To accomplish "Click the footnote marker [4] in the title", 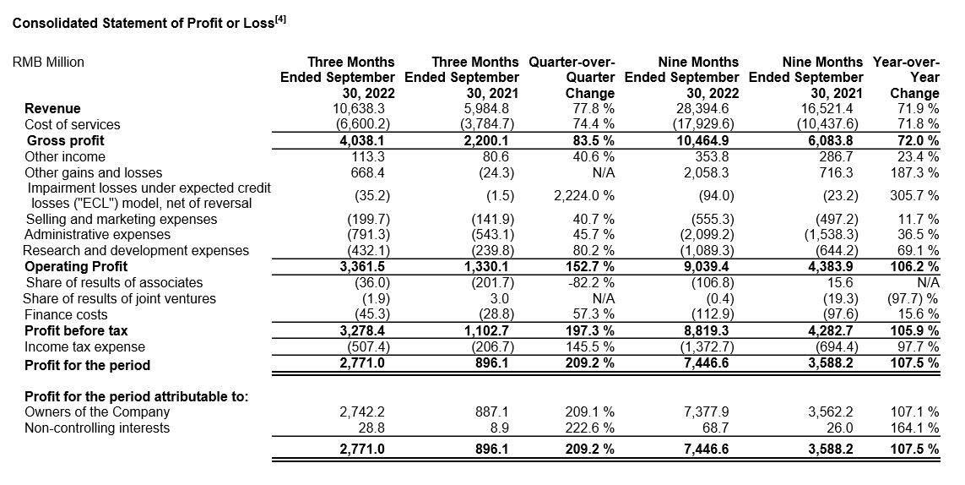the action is tap(280, 19).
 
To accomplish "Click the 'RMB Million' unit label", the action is tap(48, 63).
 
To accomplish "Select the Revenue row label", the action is tap(52, 108).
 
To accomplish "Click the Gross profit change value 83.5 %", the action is tap(589, 140).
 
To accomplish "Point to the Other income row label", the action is tap(65, 156).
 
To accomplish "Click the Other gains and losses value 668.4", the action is tap(371, 172).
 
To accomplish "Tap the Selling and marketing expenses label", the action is tap(122, 220).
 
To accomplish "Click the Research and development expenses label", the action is tap(136, 251).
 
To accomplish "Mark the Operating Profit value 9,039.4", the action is tap(708, 266).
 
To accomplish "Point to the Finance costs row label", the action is tap(65, 315).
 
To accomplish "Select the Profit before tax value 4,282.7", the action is tap(832, 330).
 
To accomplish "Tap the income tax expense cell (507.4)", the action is tap(368, 347).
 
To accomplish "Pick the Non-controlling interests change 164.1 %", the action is tap(914, 428).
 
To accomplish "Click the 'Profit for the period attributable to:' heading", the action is tap(137, 396).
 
